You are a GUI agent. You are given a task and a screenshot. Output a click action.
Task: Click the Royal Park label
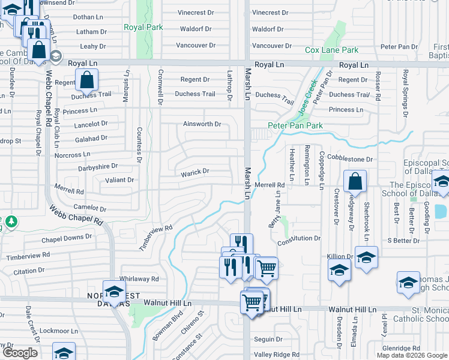[x=140, y=27]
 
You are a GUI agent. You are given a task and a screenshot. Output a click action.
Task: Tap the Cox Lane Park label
[x=331, y=50]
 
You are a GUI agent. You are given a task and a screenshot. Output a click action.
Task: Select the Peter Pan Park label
[x=295, y=125]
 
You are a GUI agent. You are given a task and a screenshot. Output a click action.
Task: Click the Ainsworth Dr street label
[x=202, y=124]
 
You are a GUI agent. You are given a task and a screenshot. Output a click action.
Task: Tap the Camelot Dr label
[x=89, y=209]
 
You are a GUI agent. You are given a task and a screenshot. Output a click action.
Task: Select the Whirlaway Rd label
[x=139, y=279]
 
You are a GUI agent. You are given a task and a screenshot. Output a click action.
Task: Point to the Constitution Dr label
[x=299, y=239]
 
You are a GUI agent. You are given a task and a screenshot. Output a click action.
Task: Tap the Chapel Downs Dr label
[x=67, y=237]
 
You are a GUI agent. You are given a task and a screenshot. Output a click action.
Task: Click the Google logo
[x=20, y=353]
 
